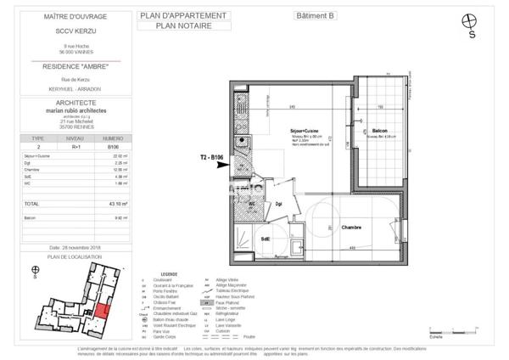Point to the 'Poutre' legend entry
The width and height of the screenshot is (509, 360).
(x=249, y=337)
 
